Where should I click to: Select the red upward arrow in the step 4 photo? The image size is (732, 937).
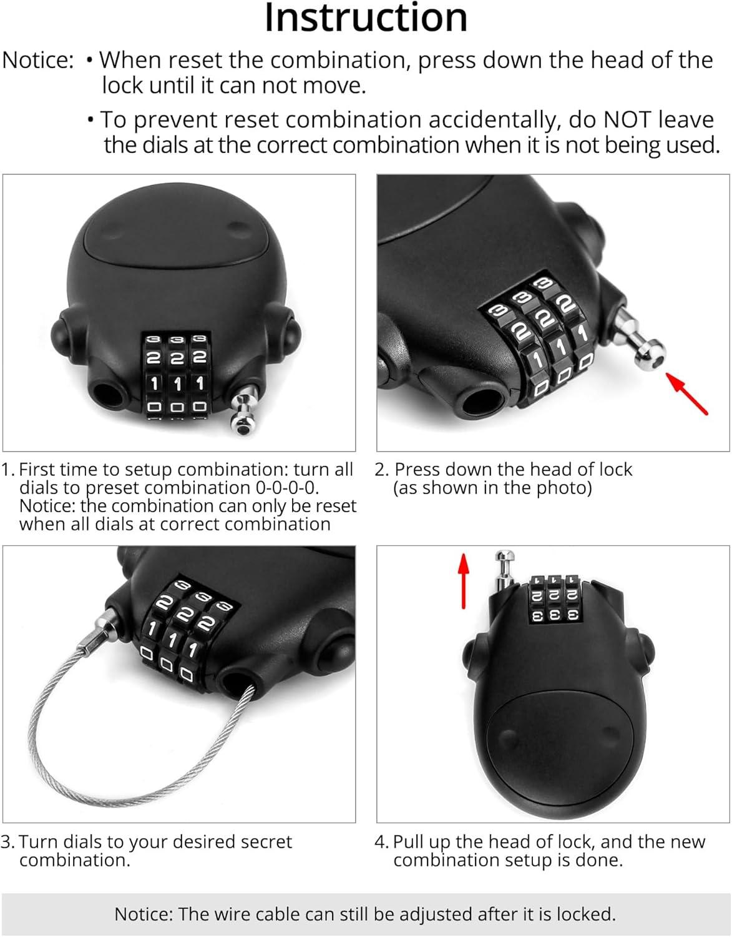click(x=463, y=580)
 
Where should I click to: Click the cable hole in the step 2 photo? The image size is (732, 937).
click(x=481, y=399)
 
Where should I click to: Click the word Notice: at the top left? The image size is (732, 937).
click(x=39, y=61)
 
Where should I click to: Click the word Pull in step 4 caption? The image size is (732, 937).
click(x=407, y=842)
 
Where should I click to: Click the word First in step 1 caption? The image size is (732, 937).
click(x=39, y=470)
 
